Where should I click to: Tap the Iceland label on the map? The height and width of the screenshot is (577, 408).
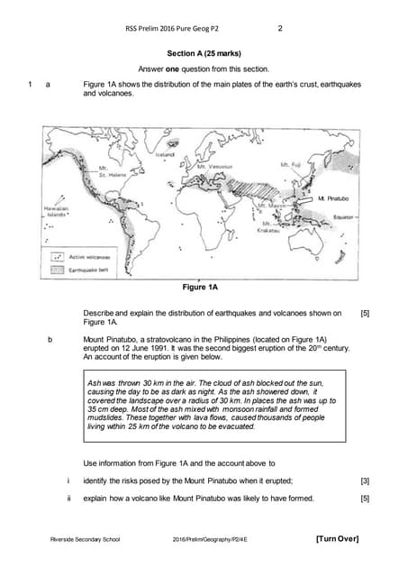click(x=166, y=154)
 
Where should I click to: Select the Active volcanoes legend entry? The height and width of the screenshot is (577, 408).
click(x=87, y=256)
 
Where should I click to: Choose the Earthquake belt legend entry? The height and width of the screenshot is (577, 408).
click(x=87, y=269)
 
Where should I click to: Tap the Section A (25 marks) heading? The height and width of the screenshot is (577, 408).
click(x=204, y=52)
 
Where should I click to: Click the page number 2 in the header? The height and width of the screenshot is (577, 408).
click(x=280, y=28)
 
